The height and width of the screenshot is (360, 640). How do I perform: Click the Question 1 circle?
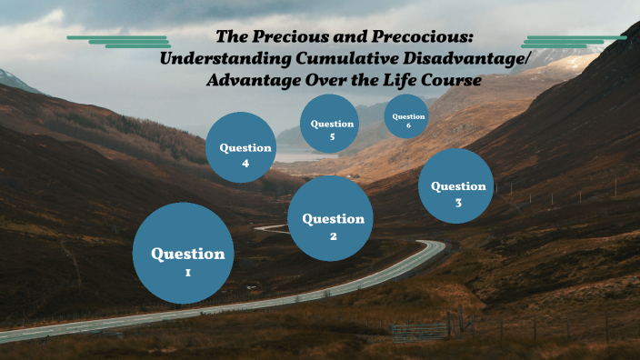(x=187, y=253)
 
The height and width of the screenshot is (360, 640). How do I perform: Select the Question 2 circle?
(x=331, y=218)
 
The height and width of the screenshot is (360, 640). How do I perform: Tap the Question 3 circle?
(x=456, y=186)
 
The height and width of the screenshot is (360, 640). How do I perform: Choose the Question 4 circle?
(x=241, y=147)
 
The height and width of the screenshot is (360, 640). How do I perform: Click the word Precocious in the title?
(x=429, y=37)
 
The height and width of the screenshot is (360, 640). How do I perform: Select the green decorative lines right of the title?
(x=573, y=41)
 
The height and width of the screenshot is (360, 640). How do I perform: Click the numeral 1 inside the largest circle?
(x=187, y=273)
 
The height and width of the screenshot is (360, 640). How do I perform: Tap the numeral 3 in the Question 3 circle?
(x=458, y=203)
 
